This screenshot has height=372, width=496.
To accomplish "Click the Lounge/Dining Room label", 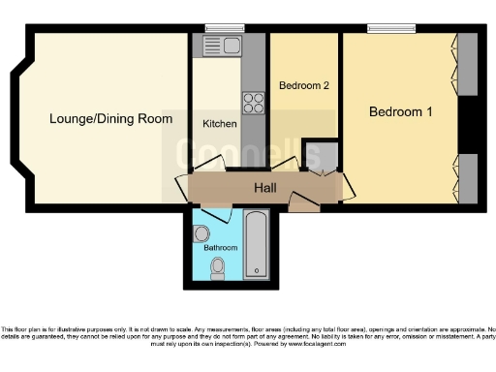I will (x=111, y=119).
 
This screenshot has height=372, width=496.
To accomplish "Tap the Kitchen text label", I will (x=219, y=124).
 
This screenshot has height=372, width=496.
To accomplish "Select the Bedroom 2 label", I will (x=304, y=85).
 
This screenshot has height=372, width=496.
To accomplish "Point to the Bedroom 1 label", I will (x=400, y=112).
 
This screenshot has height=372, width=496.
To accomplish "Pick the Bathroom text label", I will (x=220, y=248).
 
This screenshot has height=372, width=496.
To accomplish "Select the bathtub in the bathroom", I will (x=256, y=242).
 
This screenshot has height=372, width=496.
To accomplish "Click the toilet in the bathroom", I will (x=218, y=267).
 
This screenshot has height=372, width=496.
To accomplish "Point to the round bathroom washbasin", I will (x=202, y=233).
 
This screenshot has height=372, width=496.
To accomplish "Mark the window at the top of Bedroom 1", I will (x=385, y=29).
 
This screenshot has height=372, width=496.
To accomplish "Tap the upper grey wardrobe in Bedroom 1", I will (x=468, y=64).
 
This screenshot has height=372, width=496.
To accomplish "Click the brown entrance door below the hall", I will (x=303, y=202).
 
